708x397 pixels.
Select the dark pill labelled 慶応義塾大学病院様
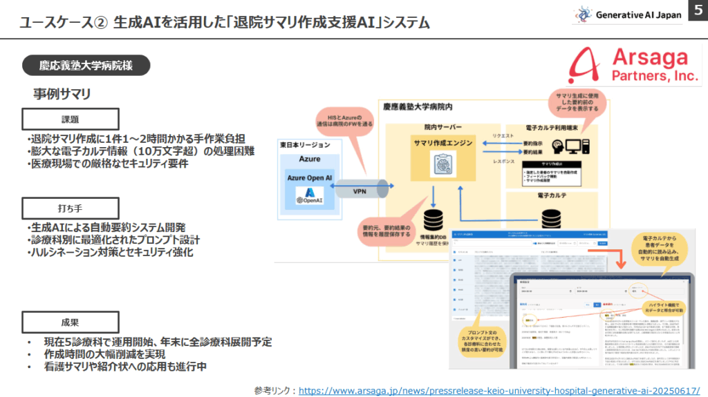(86, 66)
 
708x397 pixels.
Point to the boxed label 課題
(71, 118)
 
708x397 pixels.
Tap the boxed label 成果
(71, 322)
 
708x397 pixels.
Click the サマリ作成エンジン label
(443, 143)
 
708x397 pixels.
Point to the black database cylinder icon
(434, 220)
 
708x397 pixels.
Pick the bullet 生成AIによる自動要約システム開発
(109, 227)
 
